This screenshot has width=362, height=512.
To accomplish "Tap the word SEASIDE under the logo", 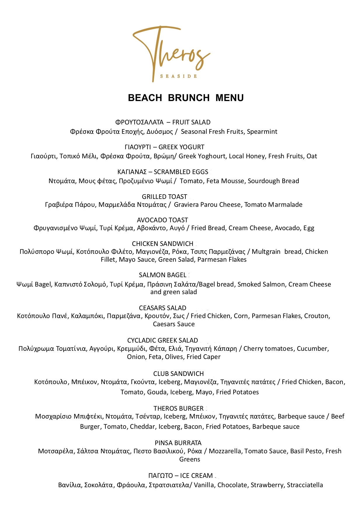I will point(178,76).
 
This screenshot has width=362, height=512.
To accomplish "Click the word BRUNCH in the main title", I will point(189,98).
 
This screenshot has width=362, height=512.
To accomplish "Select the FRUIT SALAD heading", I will point(191,122).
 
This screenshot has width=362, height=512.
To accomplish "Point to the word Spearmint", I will point(262,131).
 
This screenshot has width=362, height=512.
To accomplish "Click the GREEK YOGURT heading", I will point(181,147).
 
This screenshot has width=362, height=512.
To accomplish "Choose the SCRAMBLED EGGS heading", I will point(181,172).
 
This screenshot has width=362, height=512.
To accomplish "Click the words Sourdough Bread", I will point(273,181).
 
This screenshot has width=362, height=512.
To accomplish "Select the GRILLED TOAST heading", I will point(164,197).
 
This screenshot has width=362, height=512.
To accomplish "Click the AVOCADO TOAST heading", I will point(162,220).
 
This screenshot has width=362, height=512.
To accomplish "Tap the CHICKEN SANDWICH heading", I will point(163,244).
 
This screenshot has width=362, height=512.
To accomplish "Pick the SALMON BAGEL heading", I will point(163,275).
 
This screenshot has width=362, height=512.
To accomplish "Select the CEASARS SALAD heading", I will point(163,308).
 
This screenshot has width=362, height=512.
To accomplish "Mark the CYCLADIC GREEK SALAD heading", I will point(163,340).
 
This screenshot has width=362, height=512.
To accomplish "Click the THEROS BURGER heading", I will point(178,408).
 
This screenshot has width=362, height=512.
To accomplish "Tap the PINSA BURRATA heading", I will point(178,443).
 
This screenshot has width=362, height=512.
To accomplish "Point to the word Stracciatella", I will point(305,485).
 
